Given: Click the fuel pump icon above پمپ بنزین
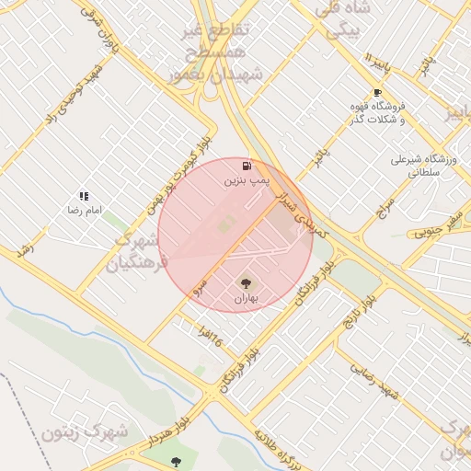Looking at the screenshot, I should coord(247,167).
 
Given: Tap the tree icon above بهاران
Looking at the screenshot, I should coord(246,282).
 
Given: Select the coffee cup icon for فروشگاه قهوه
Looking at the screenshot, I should coord(377,92).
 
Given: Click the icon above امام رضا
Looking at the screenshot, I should coord(84,196).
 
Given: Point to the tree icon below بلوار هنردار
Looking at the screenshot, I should coord(176,462).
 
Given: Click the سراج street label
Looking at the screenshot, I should coord(385,206).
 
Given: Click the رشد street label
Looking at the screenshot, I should coord(25,249).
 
